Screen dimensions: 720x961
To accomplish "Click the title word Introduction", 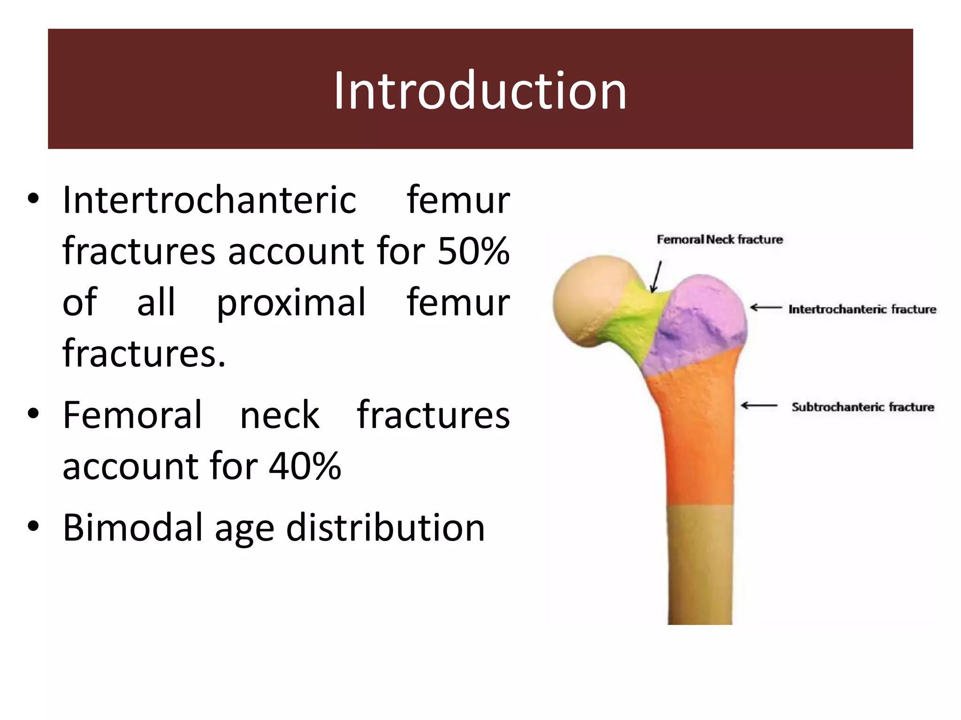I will click(480, 90).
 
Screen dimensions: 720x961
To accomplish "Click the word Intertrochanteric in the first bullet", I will click(209, 200).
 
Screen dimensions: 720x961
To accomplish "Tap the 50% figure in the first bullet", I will click(473, 251).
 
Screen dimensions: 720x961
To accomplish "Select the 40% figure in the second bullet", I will click(305, 466).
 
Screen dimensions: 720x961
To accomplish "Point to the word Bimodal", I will click(133, 527).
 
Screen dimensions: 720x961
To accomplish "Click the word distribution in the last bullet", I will click(385, 527).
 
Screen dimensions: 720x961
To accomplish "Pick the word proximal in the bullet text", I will click(291, 302).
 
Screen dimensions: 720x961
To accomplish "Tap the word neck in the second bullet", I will click(280, 415).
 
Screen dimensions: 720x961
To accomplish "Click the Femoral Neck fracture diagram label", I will click(719, 240).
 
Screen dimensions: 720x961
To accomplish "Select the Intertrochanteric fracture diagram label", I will click(862, 309).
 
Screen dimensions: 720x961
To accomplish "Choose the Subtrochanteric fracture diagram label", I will click(862, 407).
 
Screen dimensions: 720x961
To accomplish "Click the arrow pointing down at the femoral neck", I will click(656, 277).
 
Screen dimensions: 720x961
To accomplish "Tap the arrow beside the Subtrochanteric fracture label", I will click(759, 405).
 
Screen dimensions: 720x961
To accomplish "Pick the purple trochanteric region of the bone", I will click(699, 319).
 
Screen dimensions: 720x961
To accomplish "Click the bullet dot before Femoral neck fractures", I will click(33, 414).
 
